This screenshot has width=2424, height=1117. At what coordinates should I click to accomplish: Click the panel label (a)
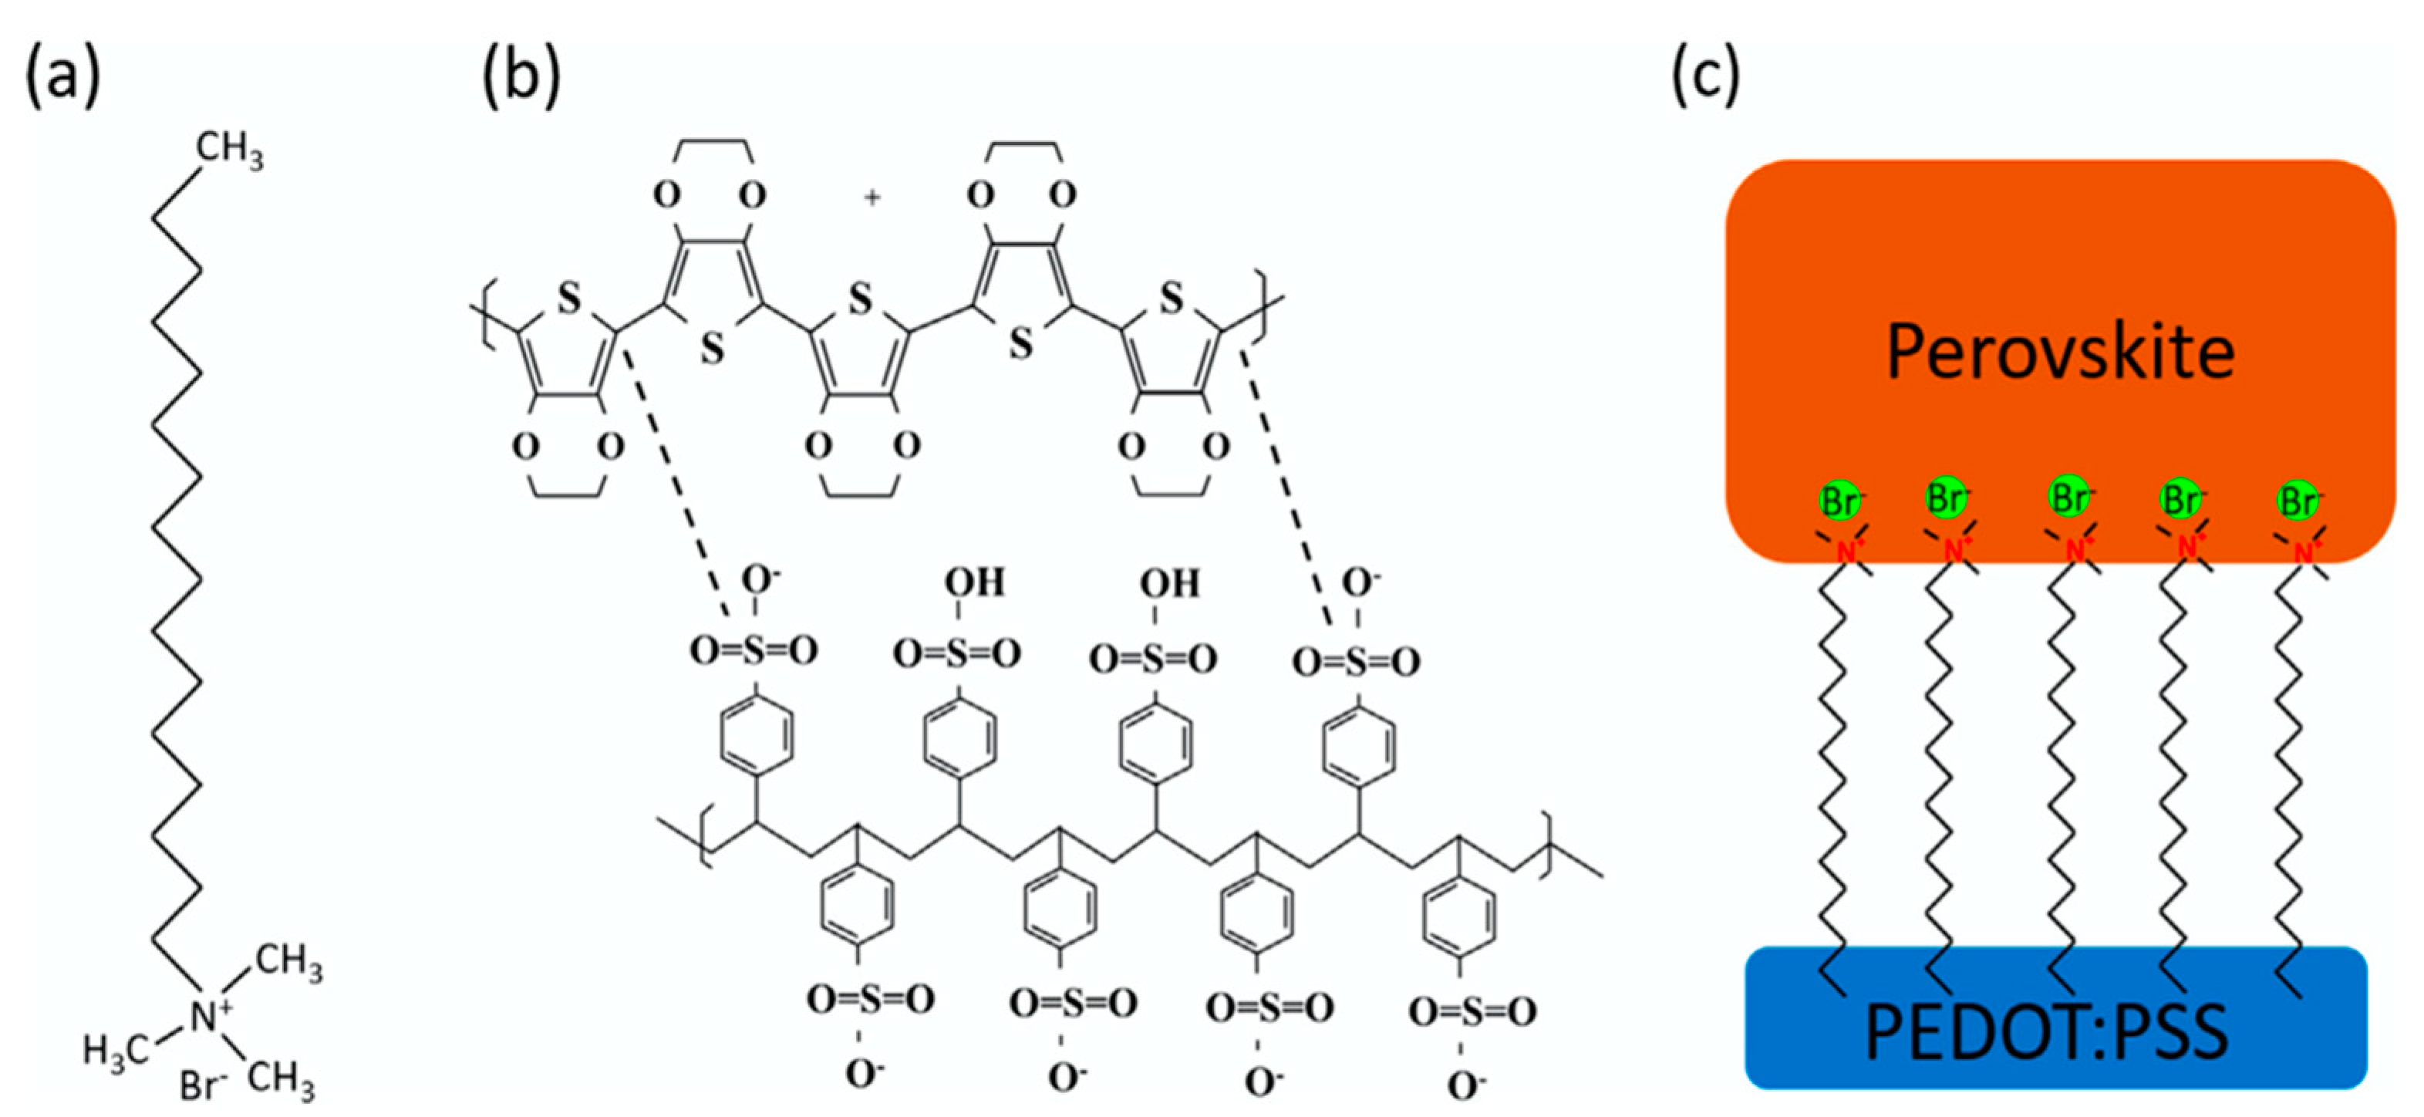62,77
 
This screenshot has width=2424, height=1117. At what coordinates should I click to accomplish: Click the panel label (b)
521,77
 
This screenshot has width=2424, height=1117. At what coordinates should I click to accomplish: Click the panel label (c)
1705,77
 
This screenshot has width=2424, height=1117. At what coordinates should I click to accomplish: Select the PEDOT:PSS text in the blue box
2046,1032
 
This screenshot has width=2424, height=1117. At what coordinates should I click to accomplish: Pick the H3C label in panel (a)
115,1050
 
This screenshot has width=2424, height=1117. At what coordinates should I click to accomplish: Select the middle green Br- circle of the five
2069,497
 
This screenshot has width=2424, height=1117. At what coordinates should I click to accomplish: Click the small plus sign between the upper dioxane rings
872,197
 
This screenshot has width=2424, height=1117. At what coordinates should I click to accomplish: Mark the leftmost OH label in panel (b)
974,582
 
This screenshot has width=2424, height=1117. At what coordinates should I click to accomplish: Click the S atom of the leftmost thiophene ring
568,299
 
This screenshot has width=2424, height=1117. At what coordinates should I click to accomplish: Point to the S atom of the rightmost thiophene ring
1171,299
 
